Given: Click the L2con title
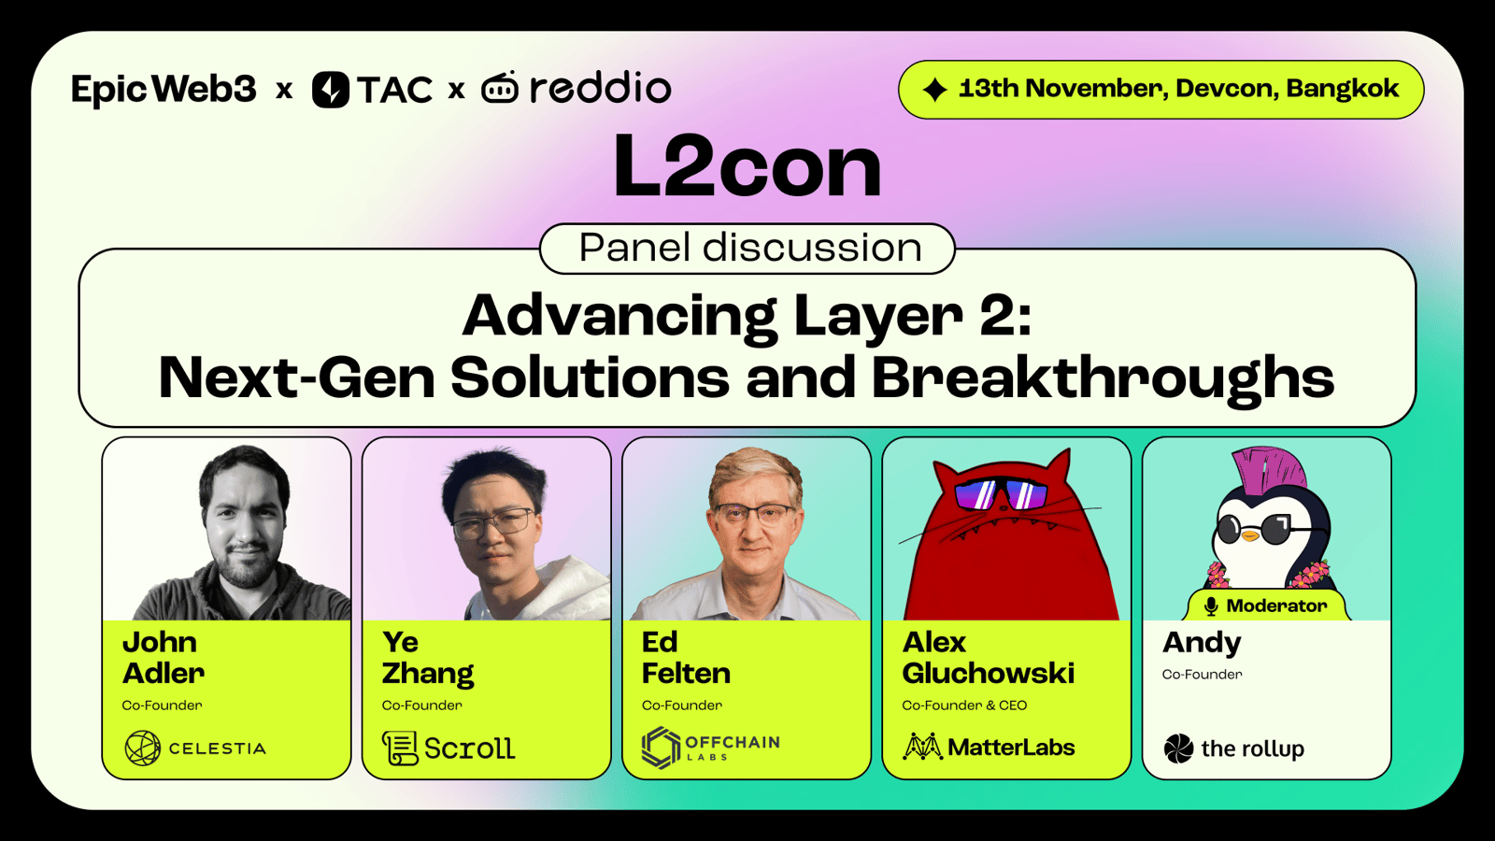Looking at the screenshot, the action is [747, 165].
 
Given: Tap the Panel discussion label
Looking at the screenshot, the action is [750, 248].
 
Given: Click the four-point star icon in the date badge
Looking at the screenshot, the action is [935, 90].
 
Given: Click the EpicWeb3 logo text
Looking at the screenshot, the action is [164, 89].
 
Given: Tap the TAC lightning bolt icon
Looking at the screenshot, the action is [331, 90].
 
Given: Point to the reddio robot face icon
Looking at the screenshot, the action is [500, 88].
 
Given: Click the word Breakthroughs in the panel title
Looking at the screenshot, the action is [1103, 378].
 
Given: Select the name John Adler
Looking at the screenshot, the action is [164, 658].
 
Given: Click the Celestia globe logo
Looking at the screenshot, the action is [142, 748].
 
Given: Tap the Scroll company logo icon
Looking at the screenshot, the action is [399, 748].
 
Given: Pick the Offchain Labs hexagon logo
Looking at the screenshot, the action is [661, 748].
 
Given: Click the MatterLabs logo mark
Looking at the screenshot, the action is [922, 747].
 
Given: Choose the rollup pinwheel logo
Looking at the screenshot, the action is [1178, 748].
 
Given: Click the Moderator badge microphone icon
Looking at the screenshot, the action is [1211, 606].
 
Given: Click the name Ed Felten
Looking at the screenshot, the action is [686, 658].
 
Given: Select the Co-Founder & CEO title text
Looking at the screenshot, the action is [964, 706].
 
